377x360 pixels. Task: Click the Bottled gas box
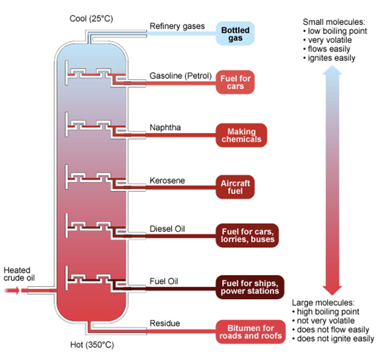pos(235,34)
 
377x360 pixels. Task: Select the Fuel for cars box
pos(235,82)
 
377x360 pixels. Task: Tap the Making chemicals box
pos(241,135)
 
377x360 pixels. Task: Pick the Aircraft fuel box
pos(235,187)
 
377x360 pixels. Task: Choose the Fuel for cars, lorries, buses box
pos(248,235)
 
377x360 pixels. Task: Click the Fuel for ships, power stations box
pos(250,287)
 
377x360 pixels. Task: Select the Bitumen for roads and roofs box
pos(251,332)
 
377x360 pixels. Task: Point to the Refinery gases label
pos(177,26)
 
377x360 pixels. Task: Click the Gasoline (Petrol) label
pos(181,76)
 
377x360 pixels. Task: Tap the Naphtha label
pos(165,128)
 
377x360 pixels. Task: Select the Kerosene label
pos(167,181)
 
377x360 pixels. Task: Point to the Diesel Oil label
pos(167,229)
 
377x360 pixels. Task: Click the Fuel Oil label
pos(164,281)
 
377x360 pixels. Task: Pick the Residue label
pos(165,323)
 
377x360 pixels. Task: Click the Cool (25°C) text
pos(91,19)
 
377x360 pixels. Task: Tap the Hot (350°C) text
pos(92,345)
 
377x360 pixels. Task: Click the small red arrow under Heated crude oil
pos(12,290)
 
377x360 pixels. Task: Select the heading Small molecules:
pos(334,22)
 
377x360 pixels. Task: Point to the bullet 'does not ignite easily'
pos(334,339)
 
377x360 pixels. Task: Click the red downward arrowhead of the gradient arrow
pos(332,290)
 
